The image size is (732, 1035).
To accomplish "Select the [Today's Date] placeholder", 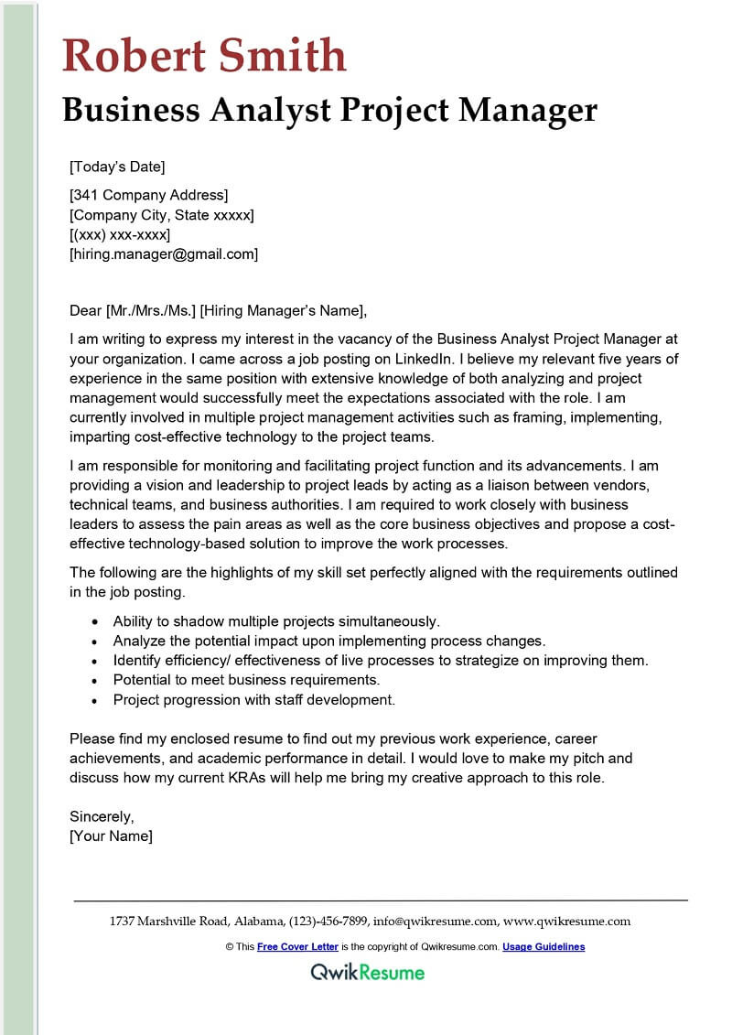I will (117, 167).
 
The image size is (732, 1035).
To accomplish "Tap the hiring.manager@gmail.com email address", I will (164, 254).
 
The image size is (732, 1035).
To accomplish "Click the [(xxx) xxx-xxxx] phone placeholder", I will (120, 235).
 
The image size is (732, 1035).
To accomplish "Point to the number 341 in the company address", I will (88, 195).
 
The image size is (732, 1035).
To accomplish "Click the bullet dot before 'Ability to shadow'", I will (96, 621).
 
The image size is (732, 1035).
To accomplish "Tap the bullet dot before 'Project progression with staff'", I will (96, 701).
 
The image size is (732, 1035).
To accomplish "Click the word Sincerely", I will (102, 816).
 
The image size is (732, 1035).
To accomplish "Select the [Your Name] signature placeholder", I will (111, 836).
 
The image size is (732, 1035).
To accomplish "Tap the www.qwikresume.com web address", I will (567, 922).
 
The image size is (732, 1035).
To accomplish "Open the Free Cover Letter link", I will (297, 947).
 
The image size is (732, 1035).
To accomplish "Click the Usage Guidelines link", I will (544, 947).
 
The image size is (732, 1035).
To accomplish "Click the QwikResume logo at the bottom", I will (366, 972).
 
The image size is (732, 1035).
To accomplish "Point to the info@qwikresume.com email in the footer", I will (436, 922).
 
